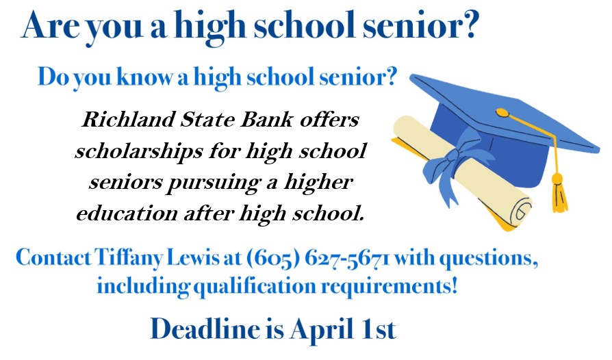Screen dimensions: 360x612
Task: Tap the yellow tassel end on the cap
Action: (559, 194)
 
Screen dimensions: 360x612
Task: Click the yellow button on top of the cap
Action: (502, 112)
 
